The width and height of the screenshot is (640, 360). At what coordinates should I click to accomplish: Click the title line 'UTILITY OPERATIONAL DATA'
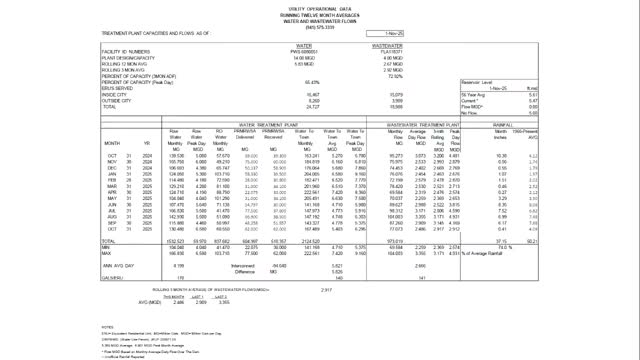(x=319, y=7)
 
